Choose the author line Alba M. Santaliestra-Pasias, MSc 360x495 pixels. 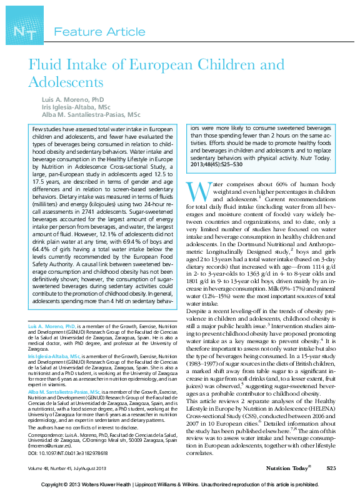point(91,115)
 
